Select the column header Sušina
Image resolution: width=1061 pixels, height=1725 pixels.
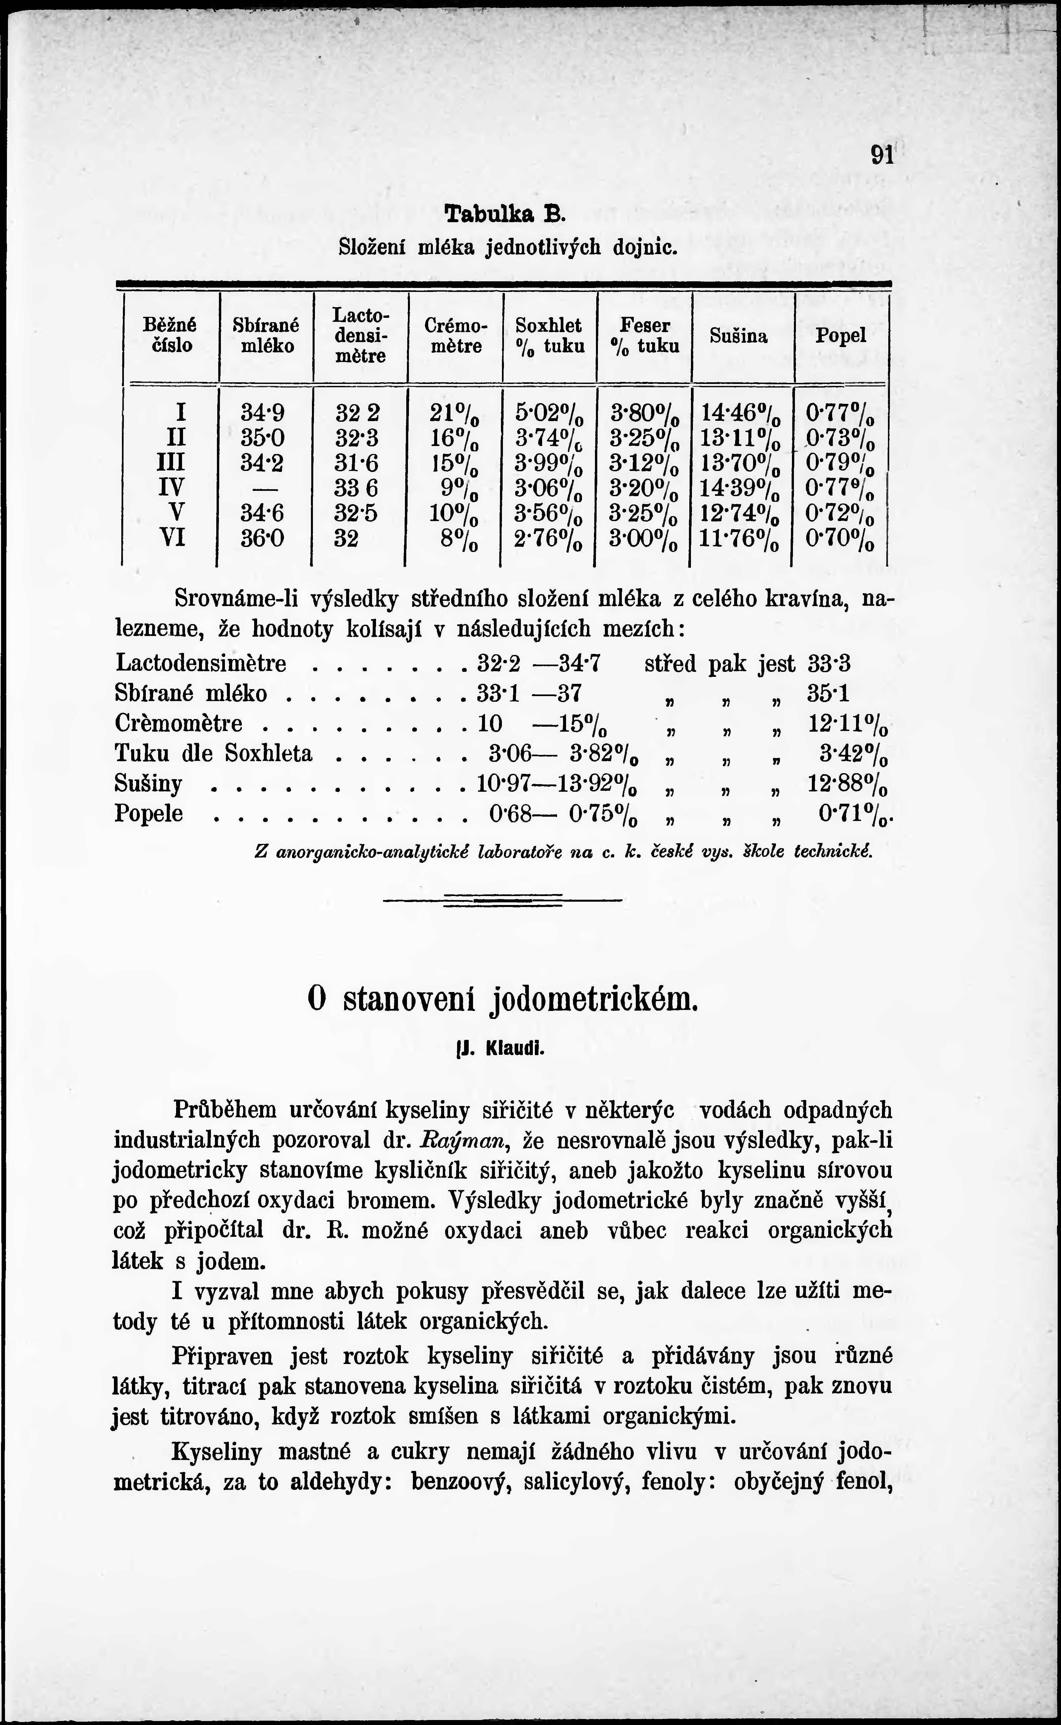coord(739,336)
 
